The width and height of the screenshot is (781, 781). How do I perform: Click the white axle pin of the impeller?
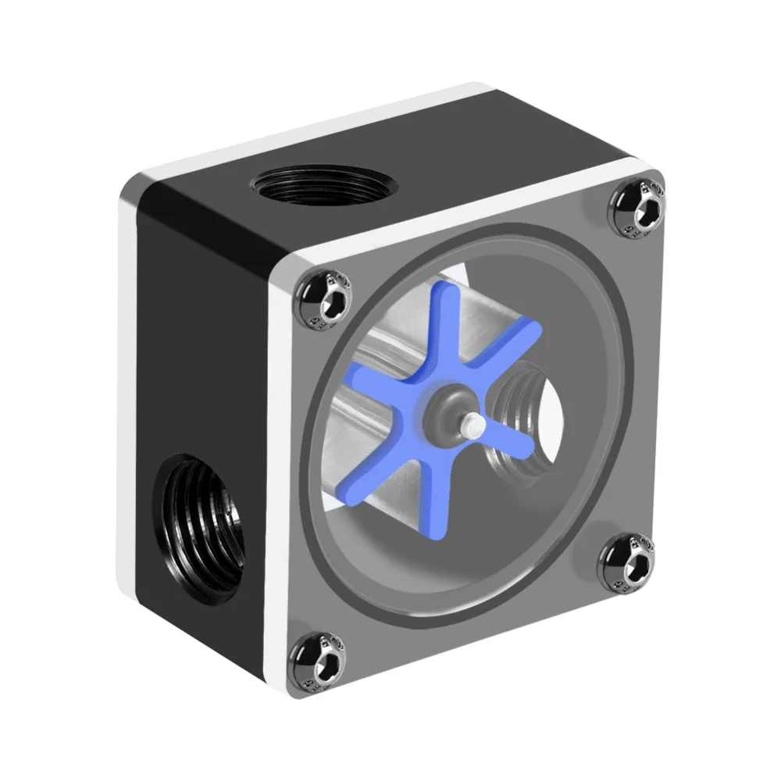point(469,425)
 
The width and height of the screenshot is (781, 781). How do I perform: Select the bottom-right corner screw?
point(626,562)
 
